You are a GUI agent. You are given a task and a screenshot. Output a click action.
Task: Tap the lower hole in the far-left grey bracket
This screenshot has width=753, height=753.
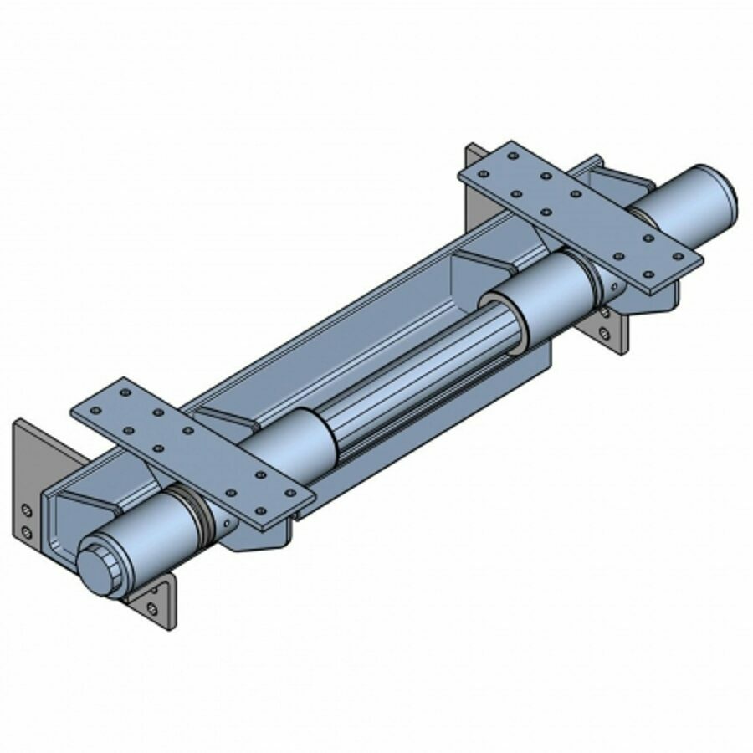pos(28,531)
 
